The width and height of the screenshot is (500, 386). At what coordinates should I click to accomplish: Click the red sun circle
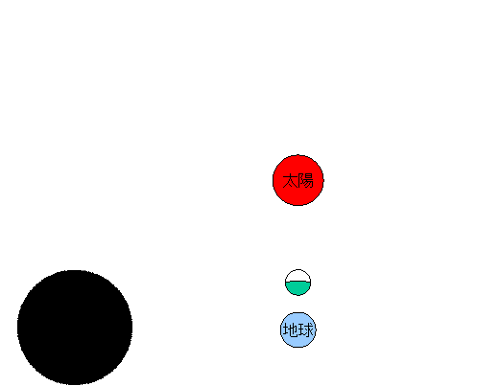point(298,180)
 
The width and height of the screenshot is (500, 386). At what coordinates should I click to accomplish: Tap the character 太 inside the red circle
point(290,181)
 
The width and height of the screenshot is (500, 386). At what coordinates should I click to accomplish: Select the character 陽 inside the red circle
point(305,181)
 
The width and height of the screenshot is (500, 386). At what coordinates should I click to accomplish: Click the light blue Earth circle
point(298,329)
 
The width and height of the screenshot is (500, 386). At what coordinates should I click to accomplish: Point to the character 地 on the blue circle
point(291,329)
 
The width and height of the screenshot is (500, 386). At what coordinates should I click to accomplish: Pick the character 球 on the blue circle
point(305,329)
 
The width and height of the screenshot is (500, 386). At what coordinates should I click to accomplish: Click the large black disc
point(75,328)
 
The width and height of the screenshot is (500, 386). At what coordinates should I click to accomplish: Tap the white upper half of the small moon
point(298,276)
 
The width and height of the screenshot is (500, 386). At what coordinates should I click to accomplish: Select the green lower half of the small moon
point(298,288)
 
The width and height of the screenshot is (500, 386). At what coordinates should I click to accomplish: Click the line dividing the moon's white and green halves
point(298,282)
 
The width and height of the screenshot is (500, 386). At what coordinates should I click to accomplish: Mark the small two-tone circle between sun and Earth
point(298,283)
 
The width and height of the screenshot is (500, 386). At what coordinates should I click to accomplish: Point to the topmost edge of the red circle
point(298,155)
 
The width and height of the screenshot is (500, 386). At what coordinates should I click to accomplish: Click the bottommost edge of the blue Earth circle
point(298,348)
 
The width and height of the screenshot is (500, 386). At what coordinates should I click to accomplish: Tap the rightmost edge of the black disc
point(132,328)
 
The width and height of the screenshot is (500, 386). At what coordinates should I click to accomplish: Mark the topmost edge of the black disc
point(75,270)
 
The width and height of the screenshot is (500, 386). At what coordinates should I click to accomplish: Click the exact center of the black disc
point(75,328)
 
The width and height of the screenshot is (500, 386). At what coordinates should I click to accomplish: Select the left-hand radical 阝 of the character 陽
point(300,181)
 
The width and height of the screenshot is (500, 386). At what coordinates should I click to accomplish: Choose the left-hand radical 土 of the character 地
point(286,330)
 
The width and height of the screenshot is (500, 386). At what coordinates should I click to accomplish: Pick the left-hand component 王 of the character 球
point(301,330)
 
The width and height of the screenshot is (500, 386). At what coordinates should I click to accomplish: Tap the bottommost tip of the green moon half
point(298,295)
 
